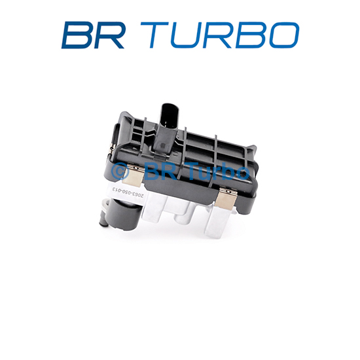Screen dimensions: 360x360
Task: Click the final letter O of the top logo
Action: (283, 35)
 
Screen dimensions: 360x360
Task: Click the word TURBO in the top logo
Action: (220, 35)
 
